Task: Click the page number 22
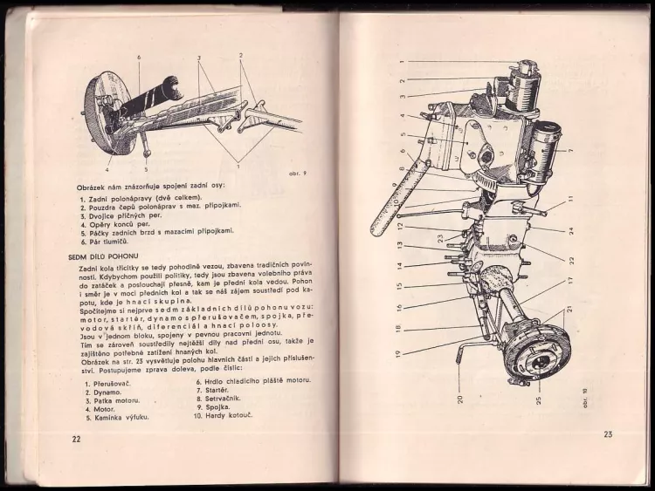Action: [76, 438]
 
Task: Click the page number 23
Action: [608, 434]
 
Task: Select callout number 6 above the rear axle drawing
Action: [138, 58]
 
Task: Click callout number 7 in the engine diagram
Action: [569, 151]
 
